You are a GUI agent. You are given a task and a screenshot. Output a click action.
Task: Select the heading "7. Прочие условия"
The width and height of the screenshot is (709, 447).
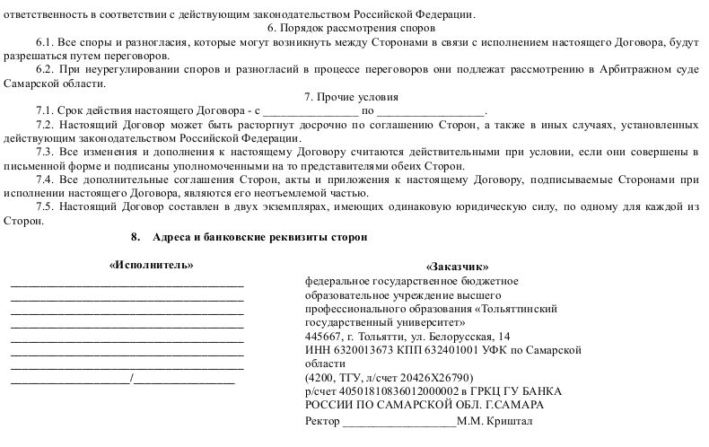(x=354, y=97)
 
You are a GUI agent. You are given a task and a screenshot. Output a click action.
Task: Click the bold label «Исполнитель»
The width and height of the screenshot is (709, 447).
(x=152, y=266)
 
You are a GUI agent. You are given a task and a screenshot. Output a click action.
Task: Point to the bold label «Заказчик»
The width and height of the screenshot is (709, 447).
(x=458, y=267)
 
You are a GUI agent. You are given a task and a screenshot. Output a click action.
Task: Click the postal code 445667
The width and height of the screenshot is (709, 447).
(x=325, y=336)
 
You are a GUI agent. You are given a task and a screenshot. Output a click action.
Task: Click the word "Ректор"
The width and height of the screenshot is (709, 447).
(x=324, y=421)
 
